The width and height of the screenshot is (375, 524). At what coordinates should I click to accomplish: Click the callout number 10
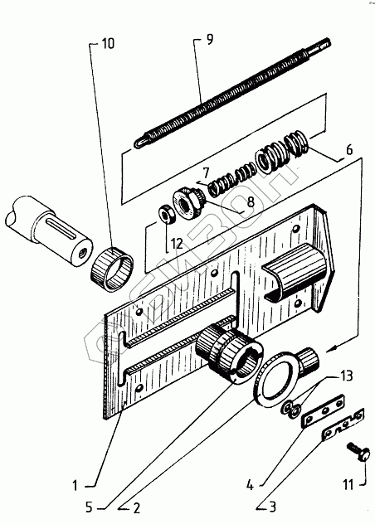point(108,43)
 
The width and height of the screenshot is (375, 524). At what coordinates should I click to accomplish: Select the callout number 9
point(209,40)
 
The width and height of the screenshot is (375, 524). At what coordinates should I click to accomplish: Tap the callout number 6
point(349,150)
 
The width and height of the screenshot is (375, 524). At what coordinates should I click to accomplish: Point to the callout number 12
point(178,244)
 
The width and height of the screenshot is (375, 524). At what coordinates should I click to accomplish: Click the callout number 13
point(347,376)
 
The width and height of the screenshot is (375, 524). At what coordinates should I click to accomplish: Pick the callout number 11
point(348,485)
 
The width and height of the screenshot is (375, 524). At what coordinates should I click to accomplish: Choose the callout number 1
point(75,486)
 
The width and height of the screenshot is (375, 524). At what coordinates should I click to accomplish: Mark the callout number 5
point(89,507)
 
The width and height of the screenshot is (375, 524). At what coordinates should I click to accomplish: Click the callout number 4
point(250,485)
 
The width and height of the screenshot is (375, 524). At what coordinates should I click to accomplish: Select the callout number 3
point(273,507)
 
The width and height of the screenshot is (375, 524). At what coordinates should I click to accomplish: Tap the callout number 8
point(251,201)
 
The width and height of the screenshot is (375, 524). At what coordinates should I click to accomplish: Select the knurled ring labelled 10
point(112,269)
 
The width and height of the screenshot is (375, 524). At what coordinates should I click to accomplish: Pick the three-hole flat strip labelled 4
point(324,411)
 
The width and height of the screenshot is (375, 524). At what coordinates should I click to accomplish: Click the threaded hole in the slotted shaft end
point(81,255)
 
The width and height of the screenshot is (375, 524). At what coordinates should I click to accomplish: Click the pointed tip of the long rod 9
point(137,145)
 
